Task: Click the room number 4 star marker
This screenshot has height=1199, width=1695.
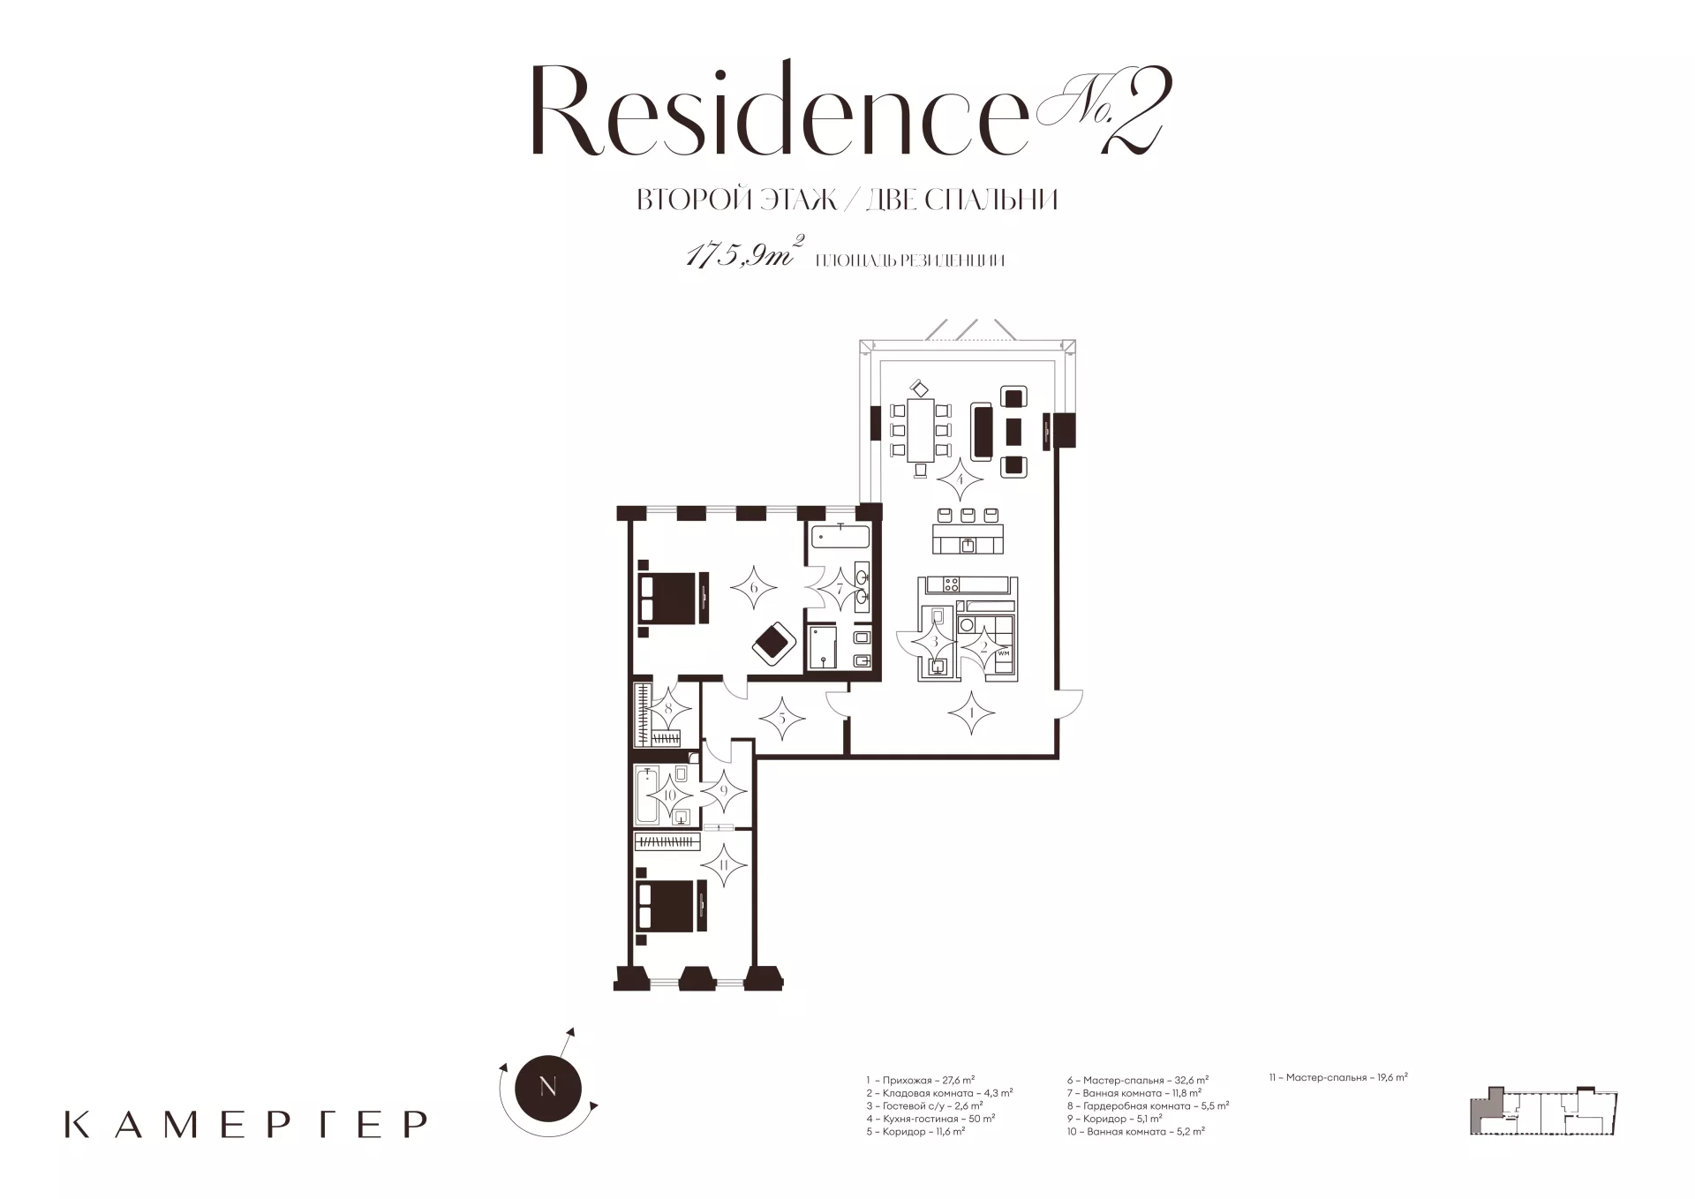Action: pyautogui.click(x=960, y=482)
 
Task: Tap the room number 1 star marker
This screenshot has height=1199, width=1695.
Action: pyautogui.click(x=971, y=711)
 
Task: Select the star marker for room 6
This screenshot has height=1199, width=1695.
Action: pyautogui.click(x=753, y=587)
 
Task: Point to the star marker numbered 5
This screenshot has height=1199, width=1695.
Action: pyautogui.click(x=781, y=718)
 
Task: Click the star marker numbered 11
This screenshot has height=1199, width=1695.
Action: pyautogui.click(x=723, y=866)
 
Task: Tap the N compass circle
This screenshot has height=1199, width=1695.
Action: pyautogui.click(x=547, y=1087)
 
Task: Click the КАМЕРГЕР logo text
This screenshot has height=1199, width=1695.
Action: pyautogui.click(x=246, y=1123)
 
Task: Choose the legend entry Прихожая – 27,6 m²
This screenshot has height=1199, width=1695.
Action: pyautogui.click(x=921, y=1080)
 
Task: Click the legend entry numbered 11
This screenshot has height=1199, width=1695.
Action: pyautogui.click(x=1337, y=1077)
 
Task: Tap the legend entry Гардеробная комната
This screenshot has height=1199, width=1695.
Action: pyautogui.click(x=1148, y=1105)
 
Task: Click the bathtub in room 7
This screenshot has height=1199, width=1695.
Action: pyautogui.click(x=840, y=538)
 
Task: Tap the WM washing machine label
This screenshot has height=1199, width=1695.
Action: pyautogui.click(x=1003, y=653)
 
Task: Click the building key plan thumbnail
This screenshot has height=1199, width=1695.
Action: pyautogui.click(x=1543, y=1111)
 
